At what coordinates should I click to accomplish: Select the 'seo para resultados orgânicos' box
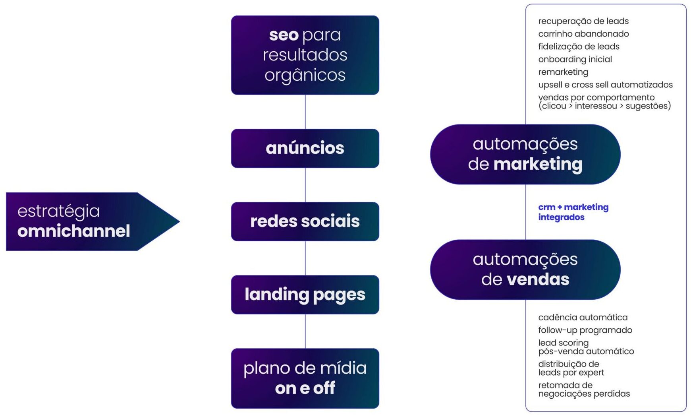tap(305, 55)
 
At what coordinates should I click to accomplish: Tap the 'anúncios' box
tap(305, 148)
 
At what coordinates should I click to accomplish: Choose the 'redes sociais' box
tap(305, 221)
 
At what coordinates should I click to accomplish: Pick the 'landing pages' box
tap(305, 295)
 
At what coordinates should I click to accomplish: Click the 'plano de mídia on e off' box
tap(305, 378)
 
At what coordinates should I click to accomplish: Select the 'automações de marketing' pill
tap(525, 154)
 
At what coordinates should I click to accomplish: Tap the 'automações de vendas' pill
tap(525, 270)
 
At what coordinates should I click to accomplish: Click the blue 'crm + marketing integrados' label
tap(573, 212)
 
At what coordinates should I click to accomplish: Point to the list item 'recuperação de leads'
tap(583, 21)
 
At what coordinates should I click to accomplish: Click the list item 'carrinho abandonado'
tap(583, 34)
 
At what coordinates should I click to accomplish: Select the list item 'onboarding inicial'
tap(575, 59)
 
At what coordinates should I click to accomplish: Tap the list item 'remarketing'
tap(563, 72)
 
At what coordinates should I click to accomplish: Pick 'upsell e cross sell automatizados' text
tap(605, 85)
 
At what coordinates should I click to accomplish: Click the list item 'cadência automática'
tap(583, 317)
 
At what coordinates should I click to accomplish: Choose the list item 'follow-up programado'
tap(585, 330)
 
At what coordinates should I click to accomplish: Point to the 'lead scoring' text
tap(563, 342)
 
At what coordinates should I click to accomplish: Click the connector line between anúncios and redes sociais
tap(305, 185)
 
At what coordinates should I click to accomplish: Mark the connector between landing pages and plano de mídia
tap(305, 331)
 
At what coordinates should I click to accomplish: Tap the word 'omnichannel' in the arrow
tap(74, 231)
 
